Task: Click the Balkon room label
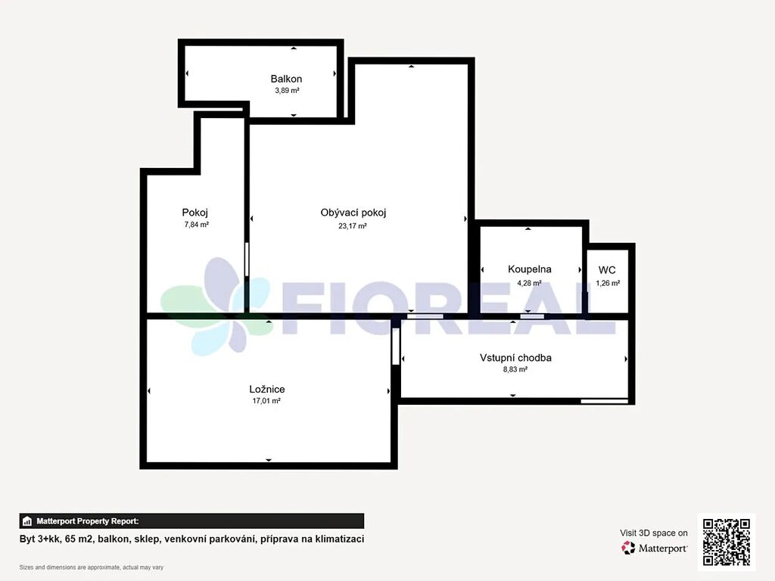click(x=286, y=79)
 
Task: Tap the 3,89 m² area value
click(x=287, y=91)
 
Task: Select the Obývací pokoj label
click(x=353, y=213)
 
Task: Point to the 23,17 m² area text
click(x=353, y=225)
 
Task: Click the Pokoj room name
click(x=195, y=213)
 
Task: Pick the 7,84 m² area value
click(x=196, y=224)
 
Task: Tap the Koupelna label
click(x=529, y=269)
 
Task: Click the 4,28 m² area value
click(x=529, y=283)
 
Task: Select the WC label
click(x=607, y=270)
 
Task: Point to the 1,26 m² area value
click(x=608, y=283)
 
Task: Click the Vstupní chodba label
click(x=515, y=358)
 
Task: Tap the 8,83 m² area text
click(x=515, y=369)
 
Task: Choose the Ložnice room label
click(x=267, y=390)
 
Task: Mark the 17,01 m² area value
click(x=266, y=401)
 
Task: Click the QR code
click(x=727, y=542)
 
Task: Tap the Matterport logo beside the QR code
click(x=654, y=548)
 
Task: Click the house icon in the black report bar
click(x=27, y=521)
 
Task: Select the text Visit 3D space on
click(x=653, y=533)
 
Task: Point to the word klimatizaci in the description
click(x=340, y=539)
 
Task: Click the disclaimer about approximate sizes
click(x=92, y=567)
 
